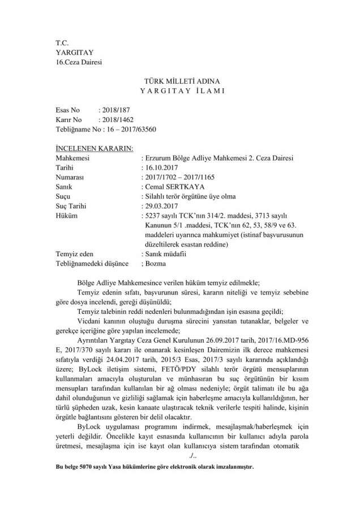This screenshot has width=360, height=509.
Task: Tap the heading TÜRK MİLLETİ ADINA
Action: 179,81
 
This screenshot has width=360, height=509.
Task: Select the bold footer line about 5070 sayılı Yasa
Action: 152,469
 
